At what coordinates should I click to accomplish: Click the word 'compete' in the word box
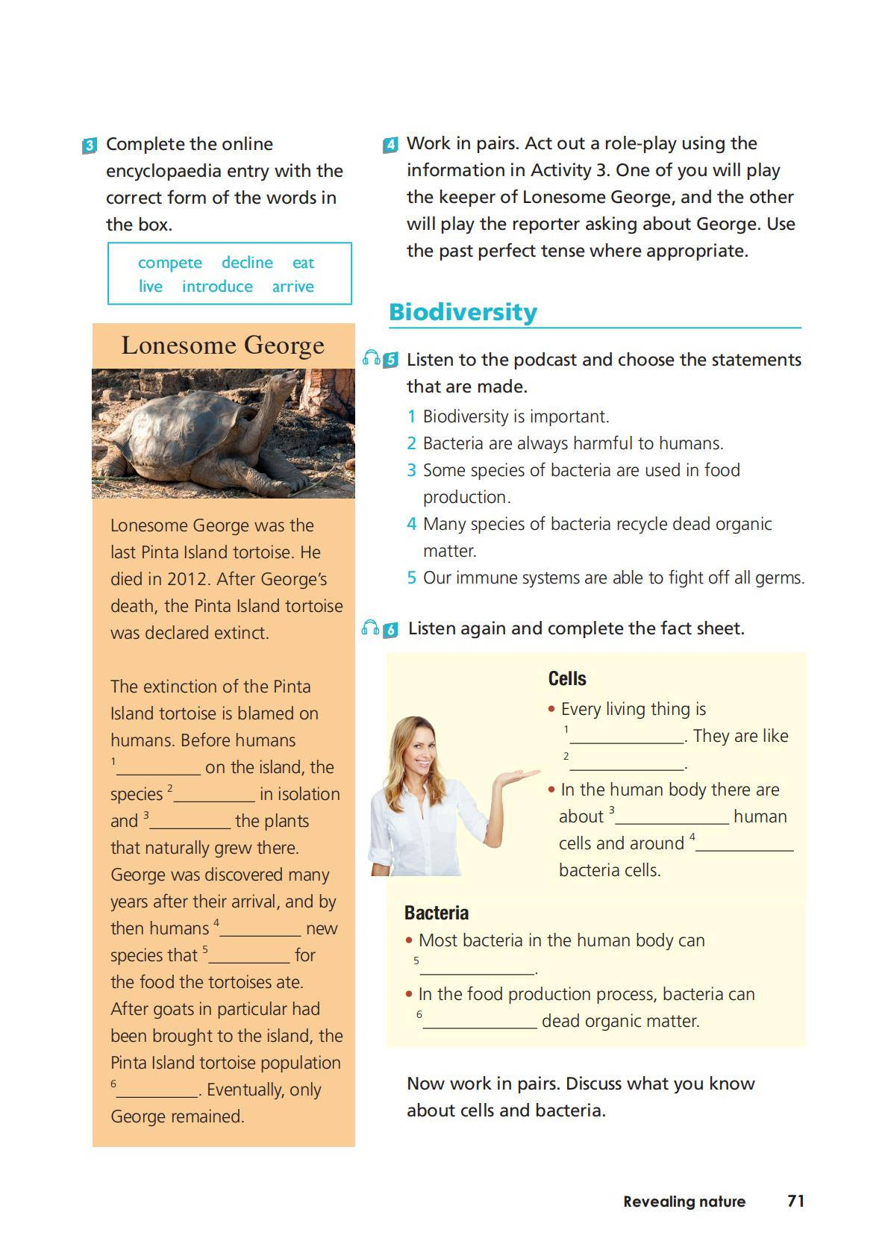pyautogui.click(x=170, y=263)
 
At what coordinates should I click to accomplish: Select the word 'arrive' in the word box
pyautogui.click(x=293, y=287)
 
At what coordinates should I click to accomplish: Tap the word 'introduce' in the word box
pyautogui.click(x=217, y=287)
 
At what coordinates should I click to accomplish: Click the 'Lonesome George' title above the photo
pyautogui.click(x=223, y=346)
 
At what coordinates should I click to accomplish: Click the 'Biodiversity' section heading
pyautogui.click(x=463, y=312)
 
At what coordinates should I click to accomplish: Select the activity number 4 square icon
pyautogui.click(x=390, y=145)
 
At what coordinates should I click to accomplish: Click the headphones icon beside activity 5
pyautogui.click(x=371, y=358)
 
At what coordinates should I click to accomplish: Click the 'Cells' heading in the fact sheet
pyautogui.click(x=567, y=678)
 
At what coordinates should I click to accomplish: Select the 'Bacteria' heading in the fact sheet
pyautogui.click(x=437, y=913)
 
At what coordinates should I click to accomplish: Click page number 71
pyautogui.click(x=796, y=1201)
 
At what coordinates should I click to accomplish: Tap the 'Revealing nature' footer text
pyautogui.click(x=684, y=1202)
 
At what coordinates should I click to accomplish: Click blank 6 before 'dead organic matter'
pyautogui.click(x=480, y=1021)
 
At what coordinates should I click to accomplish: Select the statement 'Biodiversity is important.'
pyautogui.click(x=516, y=416)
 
